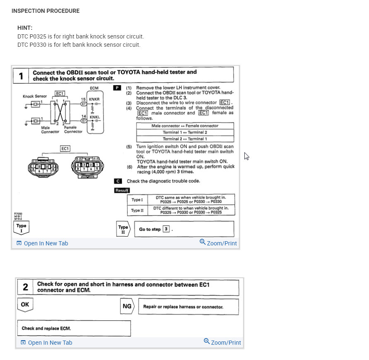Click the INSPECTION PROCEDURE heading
click(x=46, y=11)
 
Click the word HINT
click(x=25, y=28)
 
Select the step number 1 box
click(x=21, y=76)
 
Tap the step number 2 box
click(x=25, y=287)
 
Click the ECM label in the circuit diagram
click(x=94, y=88)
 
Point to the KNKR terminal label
click(x=95, y=100)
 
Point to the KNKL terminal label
click(x=95, y=118)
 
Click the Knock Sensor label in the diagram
click(x=35, y=96)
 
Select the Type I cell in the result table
click(x=137, y=200)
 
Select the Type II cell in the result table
click(x=137, y=211)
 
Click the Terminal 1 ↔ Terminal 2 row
click(x=185, y=132)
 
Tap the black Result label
click(x=122, y=190)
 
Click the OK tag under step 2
click(x=25, y=305)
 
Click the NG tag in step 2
click(x=127, y=307)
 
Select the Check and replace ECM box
click(x=74, y=328)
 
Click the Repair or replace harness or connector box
click(x=188, y=307)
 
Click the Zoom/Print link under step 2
click(x=222, y=342)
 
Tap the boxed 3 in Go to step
click(x=166, y=229)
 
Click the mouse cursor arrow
click(x=246, y=156)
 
